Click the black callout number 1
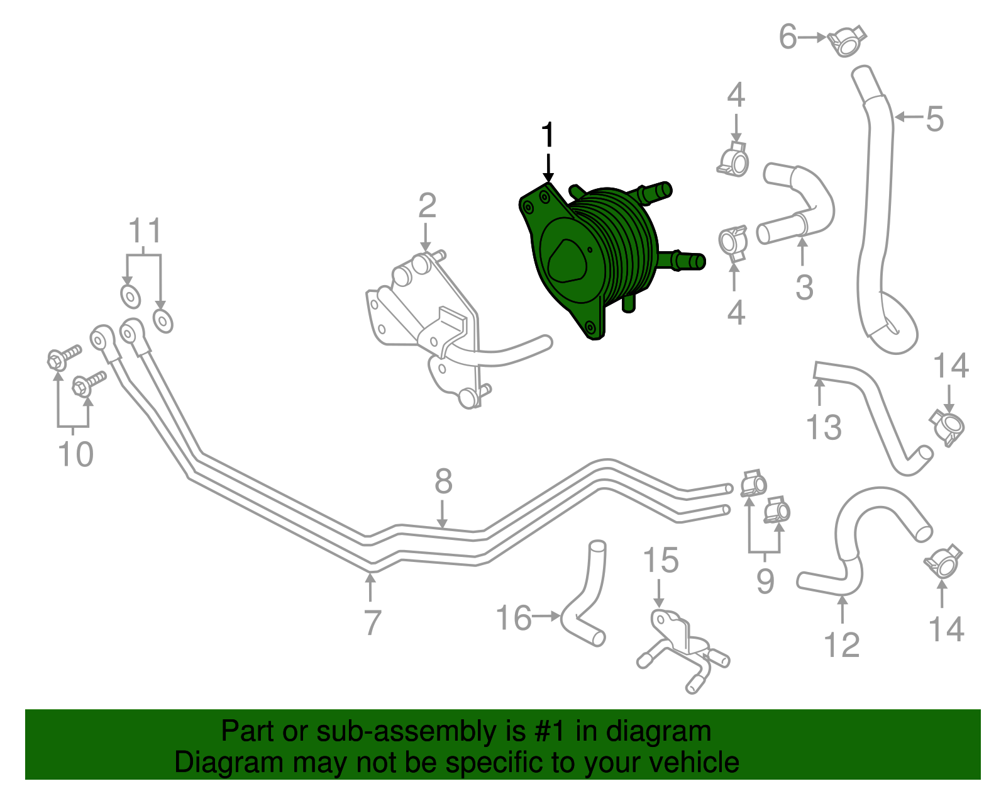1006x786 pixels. click(548, 135)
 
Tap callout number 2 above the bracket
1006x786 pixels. click(427, 206)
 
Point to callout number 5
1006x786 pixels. click(935, 119)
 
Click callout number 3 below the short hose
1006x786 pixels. click(804, 287)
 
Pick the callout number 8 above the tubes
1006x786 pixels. click(443, 481)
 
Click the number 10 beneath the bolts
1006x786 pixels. click(75, 454)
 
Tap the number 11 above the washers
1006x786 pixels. click(145, 232)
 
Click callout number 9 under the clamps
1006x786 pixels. click(765, 580)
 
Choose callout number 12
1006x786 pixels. click(841, 645)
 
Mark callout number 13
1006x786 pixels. click(824, 427)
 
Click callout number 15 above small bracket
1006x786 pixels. click(661, 561)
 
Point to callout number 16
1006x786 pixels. click(514, 618)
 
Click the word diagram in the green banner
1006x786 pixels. click(658, 732)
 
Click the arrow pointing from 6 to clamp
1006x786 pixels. click(812, 38)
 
